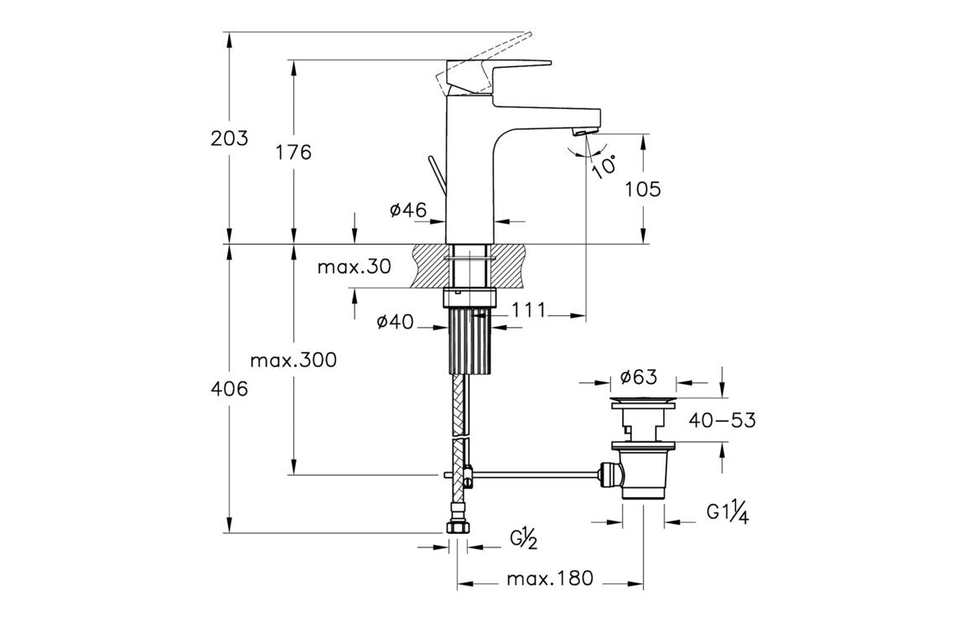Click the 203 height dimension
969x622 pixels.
229,138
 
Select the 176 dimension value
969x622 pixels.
293,153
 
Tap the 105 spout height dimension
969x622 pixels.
643,189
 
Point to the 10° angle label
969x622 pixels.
603,164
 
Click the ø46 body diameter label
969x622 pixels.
408,211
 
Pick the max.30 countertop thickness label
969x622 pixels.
354,267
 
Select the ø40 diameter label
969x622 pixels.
396,322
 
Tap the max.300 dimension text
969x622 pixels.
293,360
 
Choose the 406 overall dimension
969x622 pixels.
229,389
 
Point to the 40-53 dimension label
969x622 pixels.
721,420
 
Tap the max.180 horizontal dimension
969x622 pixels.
549,578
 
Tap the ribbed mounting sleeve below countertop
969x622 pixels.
469,340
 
